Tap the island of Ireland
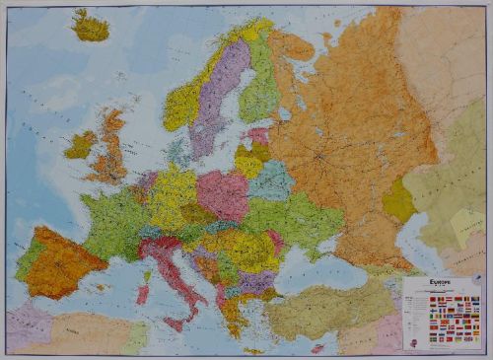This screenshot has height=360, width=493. [x=80, y=146]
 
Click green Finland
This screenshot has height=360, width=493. [x=260, y=89]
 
